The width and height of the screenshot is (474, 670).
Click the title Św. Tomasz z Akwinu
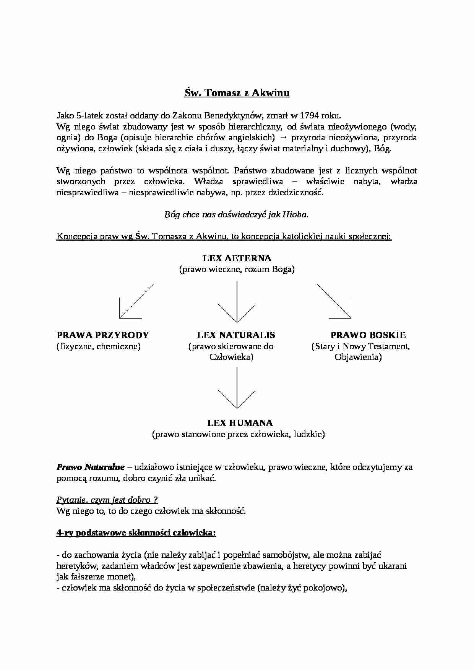click(237, 93)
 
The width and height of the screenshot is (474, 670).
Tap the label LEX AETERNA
click(237, 258)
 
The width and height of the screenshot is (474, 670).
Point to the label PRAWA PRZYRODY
click(102, 335)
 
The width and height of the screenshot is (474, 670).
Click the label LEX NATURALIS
click(236, 335)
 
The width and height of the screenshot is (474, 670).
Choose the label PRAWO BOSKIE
click(368, 335)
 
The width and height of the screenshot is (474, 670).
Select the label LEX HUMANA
click(240, 423)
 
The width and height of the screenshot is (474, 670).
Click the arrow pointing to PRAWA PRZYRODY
click(132, 304)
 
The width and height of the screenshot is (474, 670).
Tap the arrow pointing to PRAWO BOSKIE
click(337, 304)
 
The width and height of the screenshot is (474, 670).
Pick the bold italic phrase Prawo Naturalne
click(91, 467)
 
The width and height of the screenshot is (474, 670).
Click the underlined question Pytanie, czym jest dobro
click(107, 500)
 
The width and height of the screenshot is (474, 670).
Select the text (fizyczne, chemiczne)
click(99, 346)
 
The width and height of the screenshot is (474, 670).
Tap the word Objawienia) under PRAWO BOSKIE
click(358, 357)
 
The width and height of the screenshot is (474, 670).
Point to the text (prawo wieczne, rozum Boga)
click(237, 269)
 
